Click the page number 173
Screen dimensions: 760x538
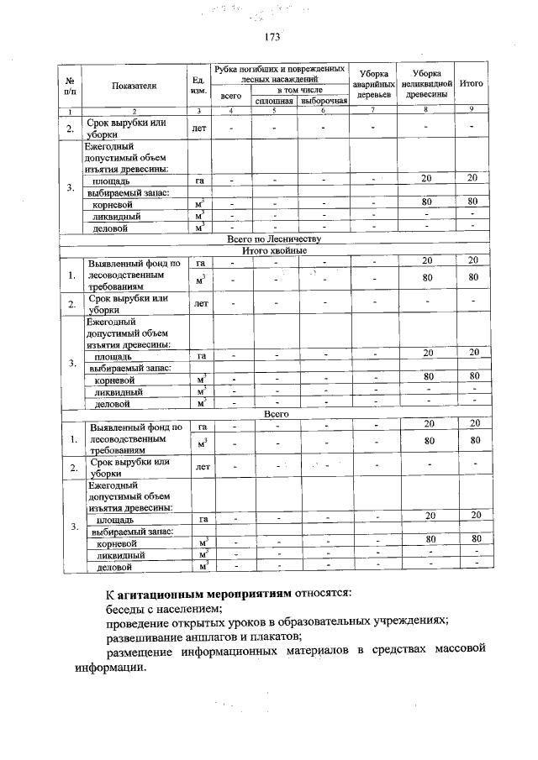[x=271, y=37]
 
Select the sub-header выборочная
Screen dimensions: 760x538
[x=323, y=102]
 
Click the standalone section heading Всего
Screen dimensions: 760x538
[x=276, y=413]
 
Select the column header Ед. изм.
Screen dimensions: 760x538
[x=199, y=85]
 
